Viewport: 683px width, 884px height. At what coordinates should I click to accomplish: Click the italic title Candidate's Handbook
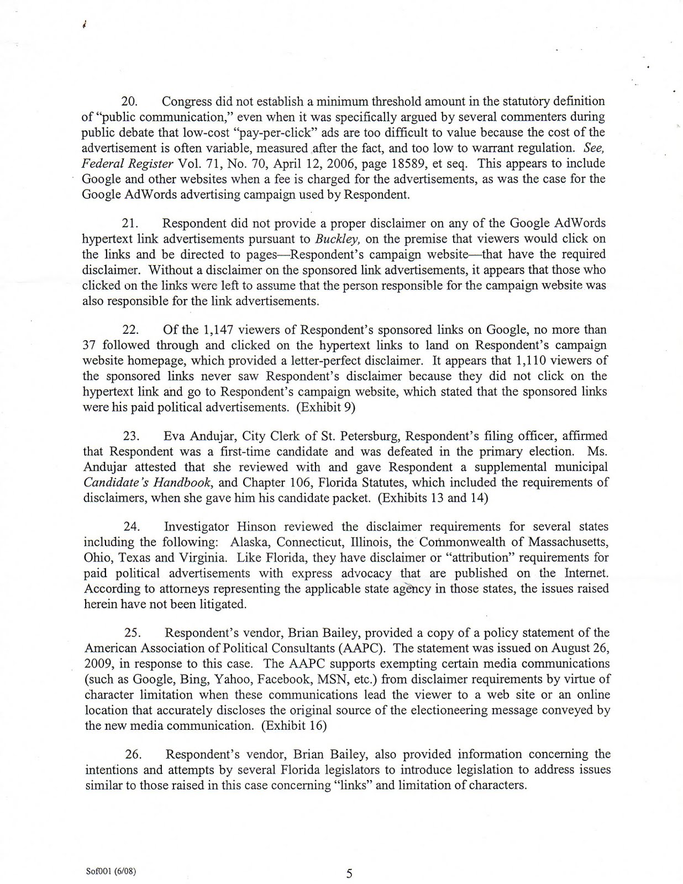147,482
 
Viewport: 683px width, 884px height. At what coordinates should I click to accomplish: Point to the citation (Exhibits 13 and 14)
435,498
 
